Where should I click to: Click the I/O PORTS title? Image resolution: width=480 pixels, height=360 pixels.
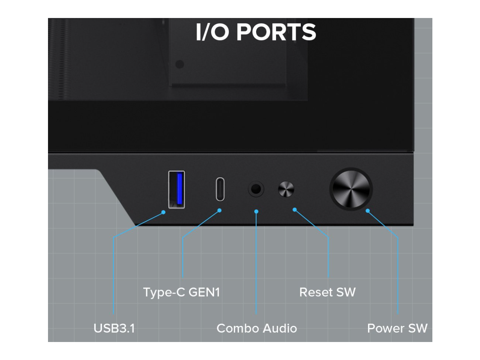[x=256, y=32]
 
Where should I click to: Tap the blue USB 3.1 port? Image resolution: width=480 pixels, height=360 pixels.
[x=177, y=189]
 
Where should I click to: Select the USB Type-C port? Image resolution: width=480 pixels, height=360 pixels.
[x=220, y=189]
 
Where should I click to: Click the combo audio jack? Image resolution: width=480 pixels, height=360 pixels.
[x=256, y=189]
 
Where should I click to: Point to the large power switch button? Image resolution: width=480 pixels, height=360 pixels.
[x=351, y=189]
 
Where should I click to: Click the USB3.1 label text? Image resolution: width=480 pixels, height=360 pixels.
[x=114, y=328]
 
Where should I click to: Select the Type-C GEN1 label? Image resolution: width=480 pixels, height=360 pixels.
[x=181, y=292]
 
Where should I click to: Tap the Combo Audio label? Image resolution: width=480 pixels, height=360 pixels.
[x=256, y=328]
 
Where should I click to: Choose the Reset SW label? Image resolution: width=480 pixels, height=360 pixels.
[x=327, y=292]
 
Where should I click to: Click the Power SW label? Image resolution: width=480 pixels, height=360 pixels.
[x=397, y=328]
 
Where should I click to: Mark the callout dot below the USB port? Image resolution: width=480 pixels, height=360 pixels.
[x=163, y=212]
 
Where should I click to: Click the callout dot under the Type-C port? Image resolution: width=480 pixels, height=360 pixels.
[x=219, y=210]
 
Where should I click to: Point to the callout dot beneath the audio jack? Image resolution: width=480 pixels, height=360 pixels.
[x=256, y=211]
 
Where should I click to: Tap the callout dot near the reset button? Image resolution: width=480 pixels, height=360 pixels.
[x=295, y=210]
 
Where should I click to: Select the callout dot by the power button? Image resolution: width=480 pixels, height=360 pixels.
[x=368, y=211]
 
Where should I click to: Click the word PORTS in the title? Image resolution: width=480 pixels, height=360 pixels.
[x=276, y=32]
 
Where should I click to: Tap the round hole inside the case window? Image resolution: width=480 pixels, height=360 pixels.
[x=180, y=64]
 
